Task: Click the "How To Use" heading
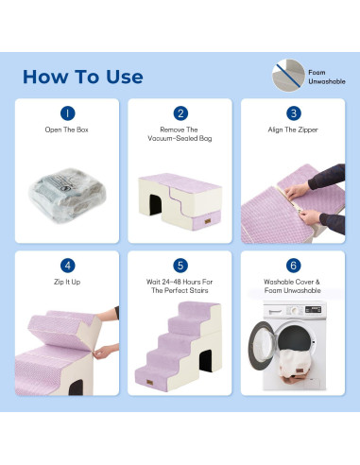pos(83,77)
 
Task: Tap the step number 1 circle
pos(68,113)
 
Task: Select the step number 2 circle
pos(180,113)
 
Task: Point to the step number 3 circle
pos(294,113)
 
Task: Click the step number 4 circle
pos(68,266)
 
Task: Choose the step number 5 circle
pos(180,266)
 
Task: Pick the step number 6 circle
pos(294,266)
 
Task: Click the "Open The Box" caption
pos(66,129)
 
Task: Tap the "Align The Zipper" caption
pos(293,129)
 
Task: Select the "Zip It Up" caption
pos(67,282)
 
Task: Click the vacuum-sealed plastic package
pos(67,195)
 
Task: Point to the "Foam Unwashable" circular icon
pos(288,76)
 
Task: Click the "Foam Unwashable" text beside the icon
pos(327,77)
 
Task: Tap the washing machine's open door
pos(262,346)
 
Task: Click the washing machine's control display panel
pos(313,309)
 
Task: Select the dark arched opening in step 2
pos(155,204)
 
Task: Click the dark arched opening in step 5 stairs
pos(206,361)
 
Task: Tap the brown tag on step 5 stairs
pos(150,383)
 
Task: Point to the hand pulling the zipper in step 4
pos(105,352)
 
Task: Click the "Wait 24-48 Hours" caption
pos(180,286)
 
